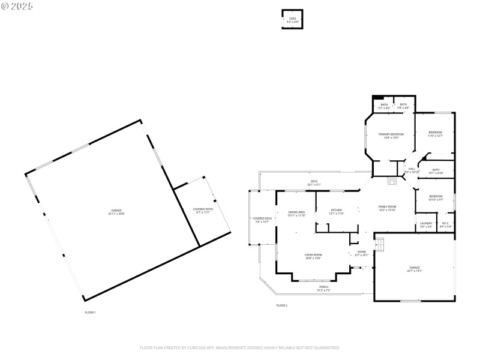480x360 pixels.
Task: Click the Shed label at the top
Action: tap(292, 19)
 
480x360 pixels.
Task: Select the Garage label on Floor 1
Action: tap(116, 211)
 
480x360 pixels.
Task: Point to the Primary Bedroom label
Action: tap(391, 134)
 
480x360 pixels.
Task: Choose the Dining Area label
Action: tap(296, 212)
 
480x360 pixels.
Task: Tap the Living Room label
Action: tap(313, 255)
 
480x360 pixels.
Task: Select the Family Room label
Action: tap(387, 206)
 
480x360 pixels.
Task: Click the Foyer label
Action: tap(362, 252)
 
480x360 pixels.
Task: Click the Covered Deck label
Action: tap(262, 218)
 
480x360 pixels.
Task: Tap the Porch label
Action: tap(323, 287)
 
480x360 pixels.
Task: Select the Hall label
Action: tap(412, 169)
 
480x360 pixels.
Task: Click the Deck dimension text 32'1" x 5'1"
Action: tap(314, 184)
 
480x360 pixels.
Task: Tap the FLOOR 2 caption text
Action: tap(282, 305)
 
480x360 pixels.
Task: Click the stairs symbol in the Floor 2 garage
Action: tap(380, 244)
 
